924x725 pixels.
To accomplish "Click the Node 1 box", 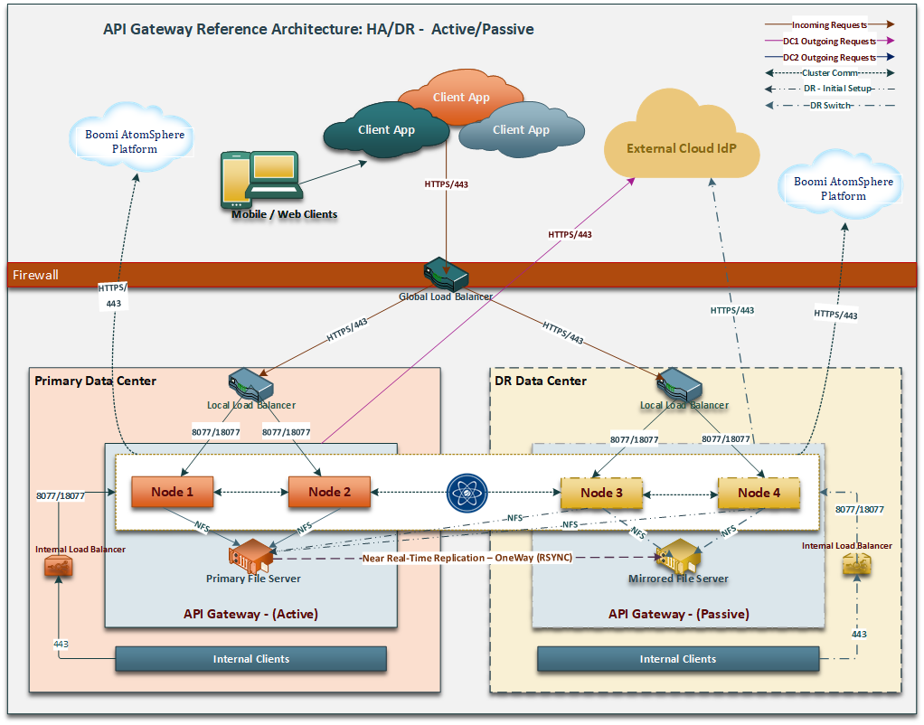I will [173, 493].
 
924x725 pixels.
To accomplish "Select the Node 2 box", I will [329, 493].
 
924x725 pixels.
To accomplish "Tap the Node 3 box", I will [601, 493].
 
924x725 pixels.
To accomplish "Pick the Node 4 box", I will [759, 493].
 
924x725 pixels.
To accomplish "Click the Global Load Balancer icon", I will [445, 274].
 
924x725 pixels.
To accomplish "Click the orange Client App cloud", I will [461, 97].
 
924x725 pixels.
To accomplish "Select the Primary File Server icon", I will [252, 553].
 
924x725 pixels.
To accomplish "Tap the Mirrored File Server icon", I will [677, 555].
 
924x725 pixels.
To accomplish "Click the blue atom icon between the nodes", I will [467, 493].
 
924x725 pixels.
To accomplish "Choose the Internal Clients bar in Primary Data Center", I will [251, 659].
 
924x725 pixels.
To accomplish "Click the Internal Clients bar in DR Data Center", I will [677, 659].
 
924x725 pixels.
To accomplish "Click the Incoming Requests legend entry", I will [828, 25].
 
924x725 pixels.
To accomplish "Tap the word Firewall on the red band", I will [36, 275].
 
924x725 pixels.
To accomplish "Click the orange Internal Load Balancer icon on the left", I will [58, 567].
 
